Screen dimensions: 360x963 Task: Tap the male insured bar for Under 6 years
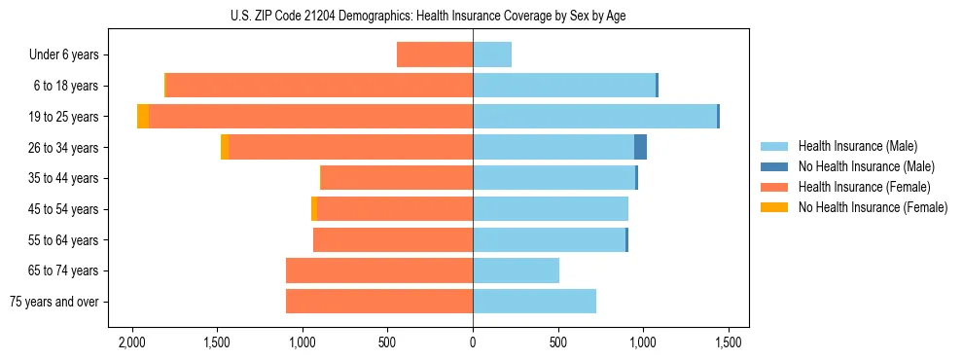pyautogui.click(x=492, y=55)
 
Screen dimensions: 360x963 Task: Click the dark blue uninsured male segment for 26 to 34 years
pyautogui.click(x=640, y=148)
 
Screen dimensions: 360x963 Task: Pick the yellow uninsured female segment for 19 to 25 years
pyautogui.click(x=143, y=117)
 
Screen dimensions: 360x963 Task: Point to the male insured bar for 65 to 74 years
pyautogui.click(x=516, y=270)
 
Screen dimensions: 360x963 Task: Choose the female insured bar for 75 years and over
pyautogui.click(x=379, y=302)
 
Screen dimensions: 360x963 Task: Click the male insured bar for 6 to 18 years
pyautogui.click(x=564, y=86)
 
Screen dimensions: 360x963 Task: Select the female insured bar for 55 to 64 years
pyautogui.click(x=393, y=240)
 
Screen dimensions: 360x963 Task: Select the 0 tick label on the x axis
pyautogui.click(x=473, y=342)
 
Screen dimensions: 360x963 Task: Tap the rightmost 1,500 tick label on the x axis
pyautogui.click(x=729, y=342)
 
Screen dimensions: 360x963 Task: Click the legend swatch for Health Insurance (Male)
pyautogui.click(x=774, y=146)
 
